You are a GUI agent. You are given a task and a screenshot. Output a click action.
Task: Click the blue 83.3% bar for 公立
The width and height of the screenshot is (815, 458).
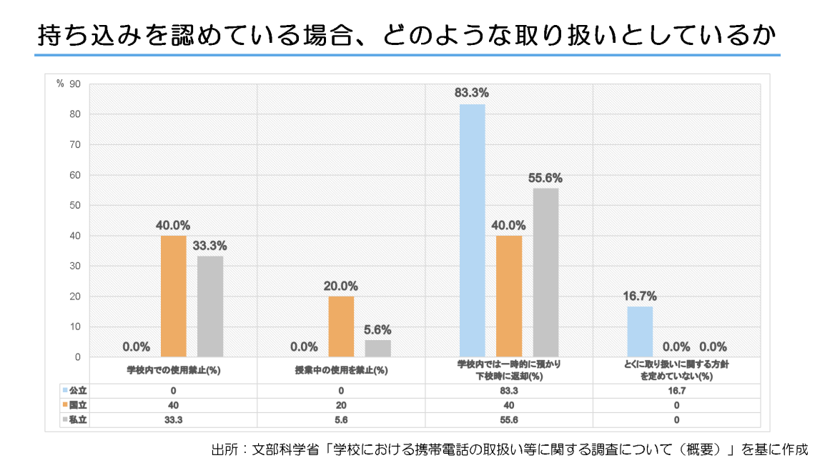tap(472, 230)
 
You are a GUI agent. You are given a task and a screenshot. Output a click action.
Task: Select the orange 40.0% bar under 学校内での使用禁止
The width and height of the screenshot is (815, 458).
tap(173, 296)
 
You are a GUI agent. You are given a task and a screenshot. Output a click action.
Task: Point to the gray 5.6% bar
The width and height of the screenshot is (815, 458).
tap(378, 348)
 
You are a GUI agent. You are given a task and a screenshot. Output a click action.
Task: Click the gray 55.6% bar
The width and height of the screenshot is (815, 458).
tap(545, 272)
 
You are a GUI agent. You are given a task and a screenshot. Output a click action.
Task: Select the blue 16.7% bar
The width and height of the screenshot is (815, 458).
tap(640, 332)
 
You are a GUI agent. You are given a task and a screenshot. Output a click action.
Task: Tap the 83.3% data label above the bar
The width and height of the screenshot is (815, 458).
tap(471, 92)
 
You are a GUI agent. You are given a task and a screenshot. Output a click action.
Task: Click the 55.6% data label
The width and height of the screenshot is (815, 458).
tap(545, 178)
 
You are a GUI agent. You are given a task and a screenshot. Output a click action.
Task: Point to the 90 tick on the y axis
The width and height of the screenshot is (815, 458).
tap(75, 84)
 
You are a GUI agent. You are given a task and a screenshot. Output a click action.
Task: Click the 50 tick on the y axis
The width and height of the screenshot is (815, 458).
tap(75, 206)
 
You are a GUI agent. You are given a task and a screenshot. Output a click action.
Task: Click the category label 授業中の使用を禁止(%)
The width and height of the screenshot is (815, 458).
tap(341, 370)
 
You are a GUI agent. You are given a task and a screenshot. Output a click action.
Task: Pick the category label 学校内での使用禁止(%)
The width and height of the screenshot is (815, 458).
tap(173, 370)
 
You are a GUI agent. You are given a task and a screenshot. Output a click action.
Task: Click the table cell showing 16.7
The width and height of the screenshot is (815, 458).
tap(676, 391)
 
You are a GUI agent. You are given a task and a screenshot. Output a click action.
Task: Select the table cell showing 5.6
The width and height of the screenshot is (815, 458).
tap(341, 420)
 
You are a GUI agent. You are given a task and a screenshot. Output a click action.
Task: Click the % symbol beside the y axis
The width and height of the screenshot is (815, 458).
tap(60, 84)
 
